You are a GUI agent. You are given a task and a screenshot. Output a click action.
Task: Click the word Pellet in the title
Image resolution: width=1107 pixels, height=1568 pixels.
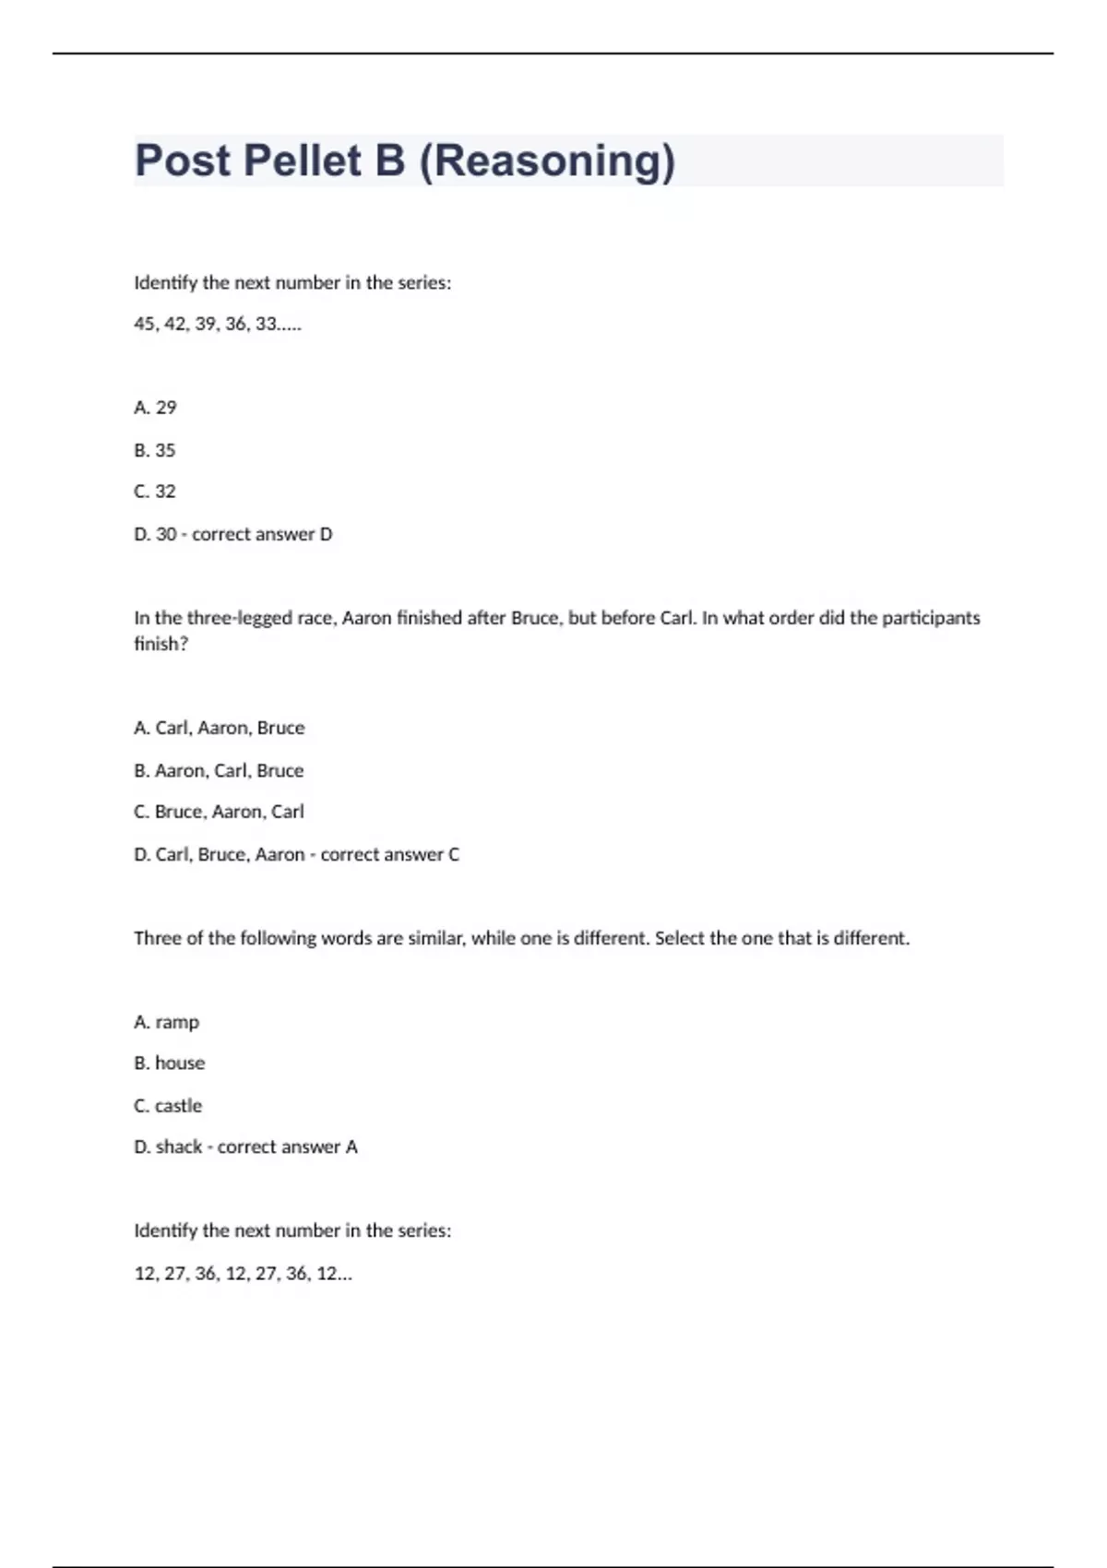point(302,160)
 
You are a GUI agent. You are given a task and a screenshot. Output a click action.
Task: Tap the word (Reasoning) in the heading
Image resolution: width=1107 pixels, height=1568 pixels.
point(547,160)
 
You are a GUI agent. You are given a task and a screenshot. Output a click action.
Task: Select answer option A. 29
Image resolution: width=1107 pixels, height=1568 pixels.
point(155,408)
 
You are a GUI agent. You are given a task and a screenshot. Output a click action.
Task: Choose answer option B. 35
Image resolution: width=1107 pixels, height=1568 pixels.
point(155,450)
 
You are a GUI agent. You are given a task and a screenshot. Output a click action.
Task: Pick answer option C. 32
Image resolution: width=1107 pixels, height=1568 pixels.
point(155,492)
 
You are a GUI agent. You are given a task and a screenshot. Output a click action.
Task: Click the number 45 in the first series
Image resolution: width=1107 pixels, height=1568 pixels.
point(145,324)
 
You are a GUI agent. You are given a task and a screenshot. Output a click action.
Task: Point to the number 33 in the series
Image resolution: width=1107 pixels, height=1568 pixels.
point(266,324)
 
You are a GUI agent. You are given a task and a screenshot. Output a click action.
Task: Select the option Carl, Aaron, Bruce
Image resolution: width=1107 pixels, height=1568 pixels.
point(220,728)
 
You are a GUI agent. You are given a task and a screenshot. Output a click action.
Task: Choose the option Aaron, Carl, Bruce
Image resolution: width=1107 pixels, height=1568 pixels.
point(220,770)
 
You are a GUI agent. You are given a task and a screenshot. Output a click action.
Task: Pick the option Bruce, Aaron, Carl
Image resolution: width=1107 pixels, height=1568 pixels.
point(220,812)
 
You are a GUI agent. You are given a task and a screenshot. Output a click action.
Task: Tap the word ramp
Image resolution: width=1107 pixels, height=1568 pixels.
point(177,1022)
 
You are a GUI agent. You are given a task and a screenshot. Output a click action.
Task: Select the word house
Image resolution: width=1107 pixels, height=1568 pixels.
point(180,1063)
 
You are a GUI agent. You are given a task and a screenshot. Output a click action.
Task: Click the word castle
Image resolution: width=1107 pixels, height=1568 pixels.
point(178,1105)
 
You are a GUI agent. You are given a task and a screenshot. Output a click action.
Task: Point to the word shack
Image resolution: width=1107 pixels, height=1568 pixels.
point(179,1146)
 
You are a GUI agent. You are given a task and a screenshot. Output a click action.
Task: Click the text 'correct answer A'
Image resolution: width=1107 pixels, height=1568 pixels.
point(288,1146)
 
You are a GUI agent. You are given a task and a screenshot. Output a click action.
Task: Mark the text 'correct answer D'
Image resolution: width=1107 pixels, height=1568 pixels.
point(262,534)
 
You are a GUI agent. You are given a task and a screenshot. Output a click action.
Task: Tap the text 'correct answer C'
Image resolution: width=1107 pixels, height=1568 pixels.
point(389,854)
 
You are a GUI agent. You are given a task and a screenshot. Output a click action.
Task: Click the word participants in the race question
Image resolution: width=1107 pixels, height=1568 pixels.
point(931,618)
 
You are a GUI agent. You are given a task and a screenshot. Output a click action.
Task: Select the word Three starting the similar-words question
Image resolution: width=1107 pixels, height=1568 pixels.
point(157,938)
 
